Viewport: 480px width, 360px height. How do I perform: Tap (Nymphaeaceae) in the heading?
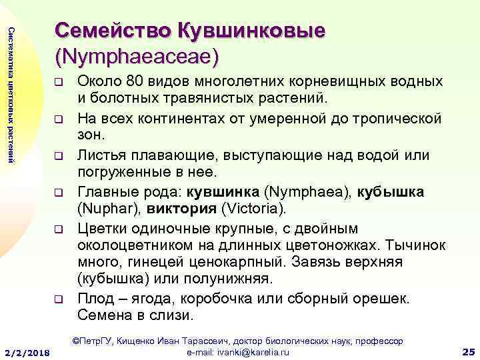click(x=137, y=56)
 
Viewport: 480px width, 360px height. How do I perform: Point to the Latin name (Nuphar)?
click(x=107, y=209)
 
